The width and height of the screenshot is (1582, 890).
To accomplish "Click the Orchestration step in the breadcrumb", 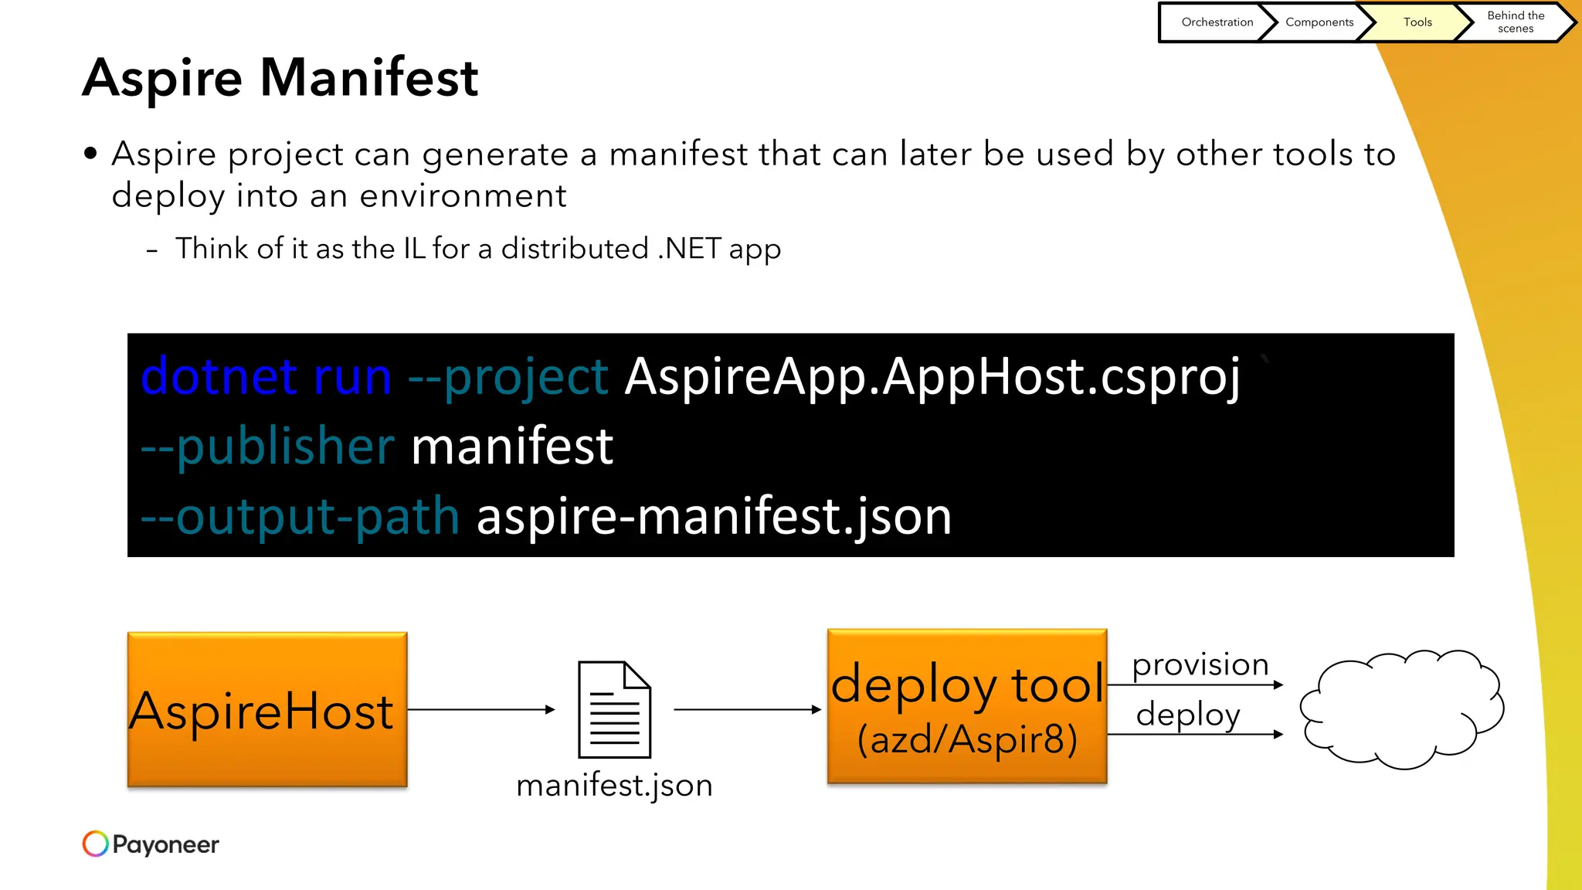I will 1217,22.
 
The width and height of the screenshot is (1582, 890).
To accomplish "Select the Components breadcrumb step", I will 1319,22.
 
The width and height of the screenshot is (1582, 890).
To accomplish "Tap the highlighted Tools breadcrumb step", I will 1417,22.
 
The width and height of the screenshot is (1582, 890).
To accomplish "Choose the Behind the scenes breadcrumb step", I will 1516,22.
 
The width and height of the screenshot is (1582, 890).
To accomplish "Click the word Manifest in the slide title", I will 369,77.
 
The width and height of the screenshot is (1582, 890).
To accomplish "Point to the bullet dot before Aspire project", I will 91,154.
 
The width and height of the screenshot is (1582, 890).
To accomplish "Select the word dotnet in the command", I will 219,377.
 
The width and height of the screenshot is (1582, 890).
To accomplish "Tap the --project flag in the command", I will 508,377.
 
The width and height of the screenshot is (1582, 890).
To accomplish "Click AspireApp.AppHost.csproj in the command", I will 932,377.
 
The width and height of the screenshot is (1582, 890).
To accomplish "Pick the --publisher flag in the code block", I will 267,447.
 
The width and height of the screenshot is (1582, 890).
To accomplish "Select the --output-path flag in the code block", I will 300,516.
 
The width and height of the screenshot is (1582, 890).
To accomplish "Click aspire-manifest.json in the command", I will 714,516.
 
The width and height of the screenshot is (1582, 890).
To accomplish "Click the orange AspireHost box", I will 267,709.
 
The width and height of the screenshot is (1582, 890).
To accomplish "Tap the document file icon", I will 615,709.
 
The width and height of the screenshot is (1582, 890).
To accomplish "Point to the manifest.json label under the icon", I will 614,785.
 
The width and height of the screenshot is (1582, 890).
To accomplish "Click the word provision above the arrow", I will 1200,664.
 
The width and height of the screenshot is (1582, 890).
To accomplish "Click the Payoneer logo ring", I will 96,844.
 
